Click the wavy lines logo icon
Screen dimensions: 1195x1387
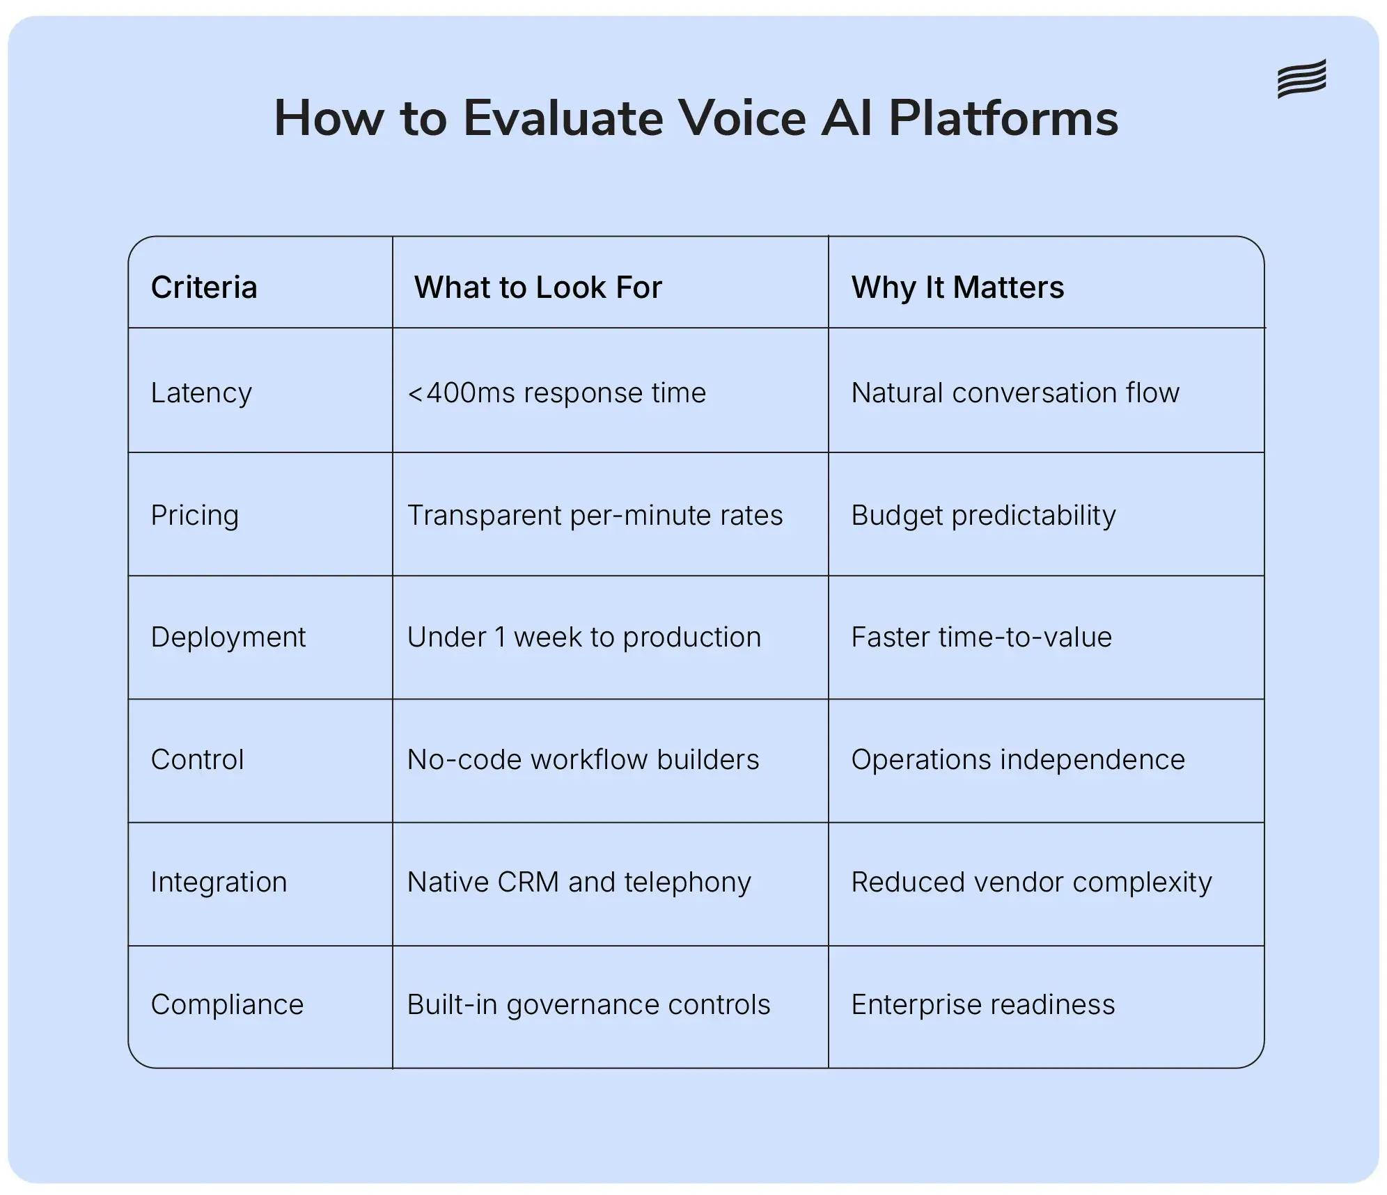tap(1301, 79)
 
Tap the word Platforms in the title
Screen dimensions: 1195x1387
tap(1003, 118)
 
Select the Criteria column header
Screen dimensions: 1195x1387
tap(204, 287)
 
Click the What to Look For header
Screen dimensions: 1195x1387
tap(538, 287)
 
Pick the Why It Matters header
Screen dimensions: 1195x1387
tap(957, 287)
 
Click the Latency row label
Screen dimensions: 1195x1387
tap(201, 393)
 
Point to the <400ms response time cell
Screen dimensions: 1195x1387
tap(556, 393)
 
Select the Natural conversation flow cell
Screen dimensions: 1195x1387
tap(1015, 393)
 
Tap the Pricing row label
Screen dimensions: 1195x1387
tap(195, 516)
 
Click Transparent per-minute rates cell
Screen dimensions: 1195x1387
tap(595, 516)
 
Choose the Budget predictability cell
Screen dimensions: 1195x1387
tap(983, 516)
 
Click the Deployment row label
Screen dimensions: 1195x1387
tap(228, 638)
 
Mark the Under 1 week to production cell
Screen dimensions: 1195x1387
tap(583, 638)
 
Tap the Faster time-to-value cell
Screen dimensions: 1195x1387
tap(981, 638)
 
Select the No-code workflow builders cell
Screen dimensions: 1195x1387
tap(583, 760)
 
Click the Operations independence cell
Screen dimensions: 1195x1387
tap(1017, 760)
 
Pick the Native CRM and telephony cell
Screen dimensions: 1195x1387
tap(579, 883)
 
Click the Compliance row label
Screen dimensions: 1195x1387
tap(227, 1005)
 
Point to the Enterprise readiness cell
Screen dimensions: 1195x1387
tap(982, 1005)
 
